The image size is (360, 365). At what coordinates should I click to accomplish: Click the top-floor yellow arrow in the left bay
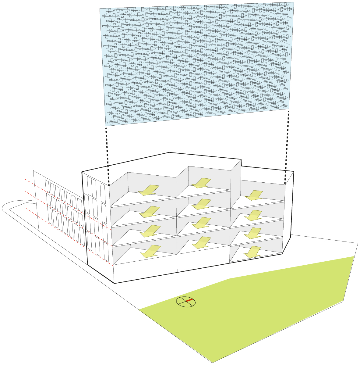pyautogui.click(x=149, y=190)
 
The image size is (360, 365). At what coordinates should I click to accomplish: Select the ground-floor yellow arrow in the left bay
pyautogui.click(x=151, y=251)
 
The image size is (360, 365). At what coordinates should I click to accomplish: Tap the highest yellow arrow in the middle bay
pyautogui.click(x=201, y=183)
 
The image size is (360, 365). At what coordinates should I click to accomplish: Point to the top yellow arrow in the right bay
pyautogui.click(x=254, y=195)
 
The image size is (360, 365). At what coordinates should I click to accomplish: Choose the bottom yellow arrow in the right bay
pyautogui.click(x=252, y=252)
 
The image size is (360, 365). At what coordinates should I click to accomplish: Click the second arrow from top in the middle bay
pyautogui.click(x=202, y=204)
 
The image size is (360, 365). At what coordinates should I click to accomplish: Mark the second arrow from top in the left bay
pyautogui.click(x=150, y=212)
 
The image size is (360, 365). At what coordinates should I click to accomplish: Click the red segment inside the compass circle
pyautogui.click(x=189, y=301)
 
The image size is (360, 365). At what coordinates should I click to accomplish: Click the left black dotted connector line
pyautogui.click(x=107, y=156)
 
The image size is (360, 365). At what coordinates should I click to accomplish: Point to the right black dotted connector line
pyautogui.click(x=287, y=146)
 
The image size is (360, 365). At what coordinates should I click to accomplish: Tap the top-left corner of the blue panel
pyautogui.click(x=100, y=9)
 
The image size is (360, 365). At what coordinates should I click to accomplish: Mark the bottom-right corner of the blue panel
pyautogui.click(x=289, y=109)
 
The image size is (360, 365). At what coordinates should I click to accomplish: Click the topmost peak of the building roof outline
pyautogui.click(x=169, y=152)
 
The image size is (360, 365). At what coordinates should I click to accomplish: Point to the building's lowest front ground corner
pyautogui.click(x=115, y=283)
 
